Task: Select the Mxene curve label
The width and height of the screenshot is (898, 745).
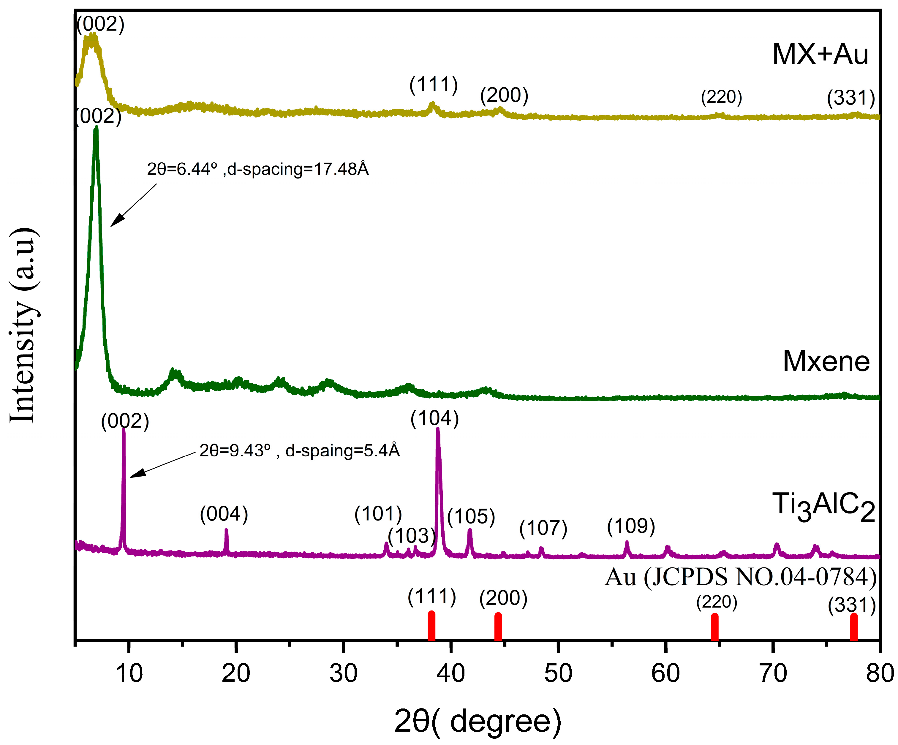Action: [x=826, y=362]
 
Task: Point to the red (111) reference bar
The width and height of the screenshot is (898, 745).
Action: [x=431, y=626]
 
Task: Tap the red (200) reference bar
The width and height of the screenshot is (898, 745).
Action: [x=498, y=627]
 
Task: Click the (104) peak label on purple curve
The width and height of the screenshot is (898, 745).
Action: [x=434, y=418]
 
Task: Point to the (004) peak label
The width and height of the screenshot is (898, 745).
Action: [x=224, y=514]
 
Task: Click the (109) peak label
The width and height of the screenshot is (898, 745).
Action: [x=631, y=526]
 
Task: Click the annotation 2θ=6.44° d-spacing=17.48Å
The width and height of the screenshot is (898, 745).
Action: [x=258, y=169]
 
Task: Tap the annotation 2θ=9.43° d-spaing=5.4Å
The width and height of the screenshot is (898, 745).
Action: [x=299, y=451]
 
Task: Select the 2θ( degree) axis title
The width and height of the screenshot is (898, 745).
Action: [x=477, y=721]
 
